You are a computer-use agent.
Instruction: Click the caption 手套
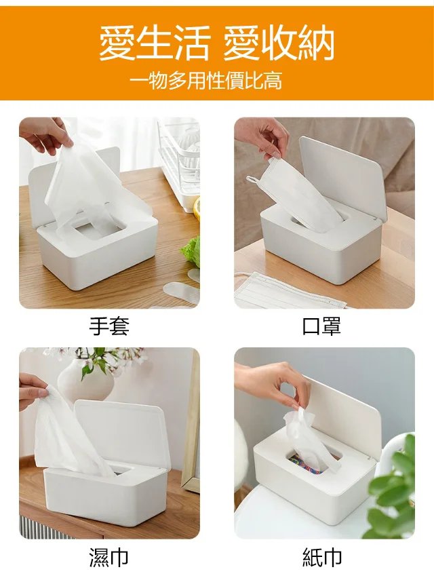click(x=109, y=326)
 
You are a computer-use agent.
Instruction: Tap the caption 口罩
click(x=321, y=326)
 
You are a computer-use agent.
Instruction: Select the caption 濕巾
click(x=109, y=556)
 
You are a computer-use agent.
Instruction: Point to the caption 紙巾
click(x=322, y=556)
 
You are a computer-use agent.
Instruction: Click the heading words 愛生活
click(x=155, y=43)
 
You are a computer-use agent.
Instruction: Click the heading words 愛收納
click(x=279, y=43)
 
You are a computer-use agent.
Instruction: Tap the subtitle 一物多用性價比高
click(x=206, y=81)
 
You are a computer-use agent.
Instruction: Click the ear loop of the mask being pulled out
click(x=252, y=179)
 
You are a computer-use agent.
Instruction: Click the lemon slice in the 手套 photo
click(x=197, y=208)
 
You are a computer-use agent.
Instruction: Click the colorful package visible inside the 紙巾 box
click(x=301, y=461)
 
